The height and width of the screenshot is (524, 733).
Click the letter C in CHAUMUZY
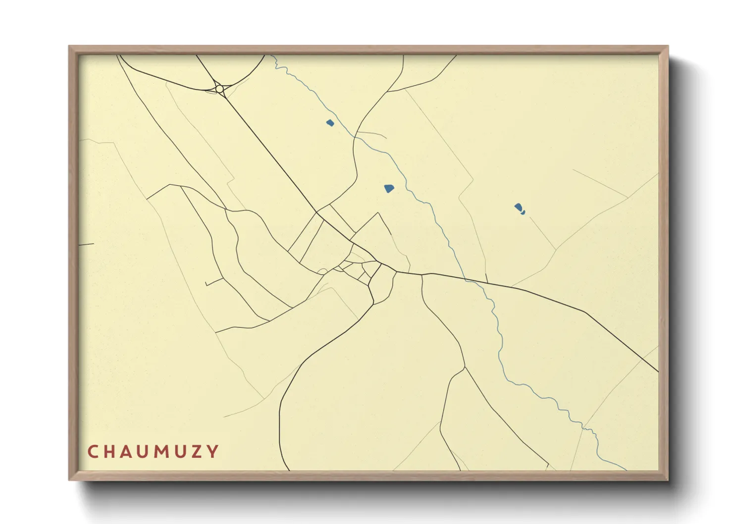click(93, 452)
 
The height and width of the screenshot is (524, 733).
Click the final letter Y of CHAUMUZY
click(213, 452)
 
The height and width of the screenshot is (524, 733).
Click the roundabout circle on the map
click(219, 89)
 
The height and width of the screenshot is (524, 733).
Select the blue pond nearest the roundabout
click(330, 122)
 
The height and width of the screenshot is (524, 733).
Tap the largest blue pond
click(389, 188)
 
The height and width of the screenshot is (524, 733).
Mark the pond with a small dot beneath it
click(519, 207)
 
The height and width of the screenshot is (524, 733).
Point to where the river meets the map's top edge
click(271, 56)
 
